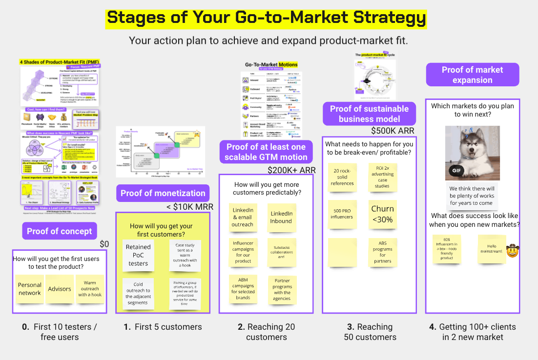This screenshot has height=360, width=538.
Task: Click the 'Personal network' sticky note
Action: pos(30,289)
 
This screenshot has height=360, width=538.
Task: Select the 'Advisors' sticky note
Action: pos(60,289)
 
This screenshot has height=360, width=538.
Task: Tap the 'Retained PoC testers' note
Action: pos(138,255)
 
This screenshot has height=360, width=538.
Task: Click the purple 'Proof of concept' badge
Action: pos(60,231)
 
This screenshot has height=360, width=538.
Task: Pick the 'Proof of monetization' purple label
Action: pos(163,193)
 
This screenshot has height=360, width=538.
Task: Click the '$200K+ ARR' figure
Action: pos(291,170)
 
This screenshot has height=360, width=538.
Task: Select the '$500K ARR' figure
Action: pos(393,131)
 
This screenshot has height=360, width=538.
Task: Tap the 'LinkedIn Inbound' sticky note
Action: pos(282,218)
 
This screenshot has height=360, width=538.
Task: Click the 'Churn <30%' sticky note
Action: pos(382,214)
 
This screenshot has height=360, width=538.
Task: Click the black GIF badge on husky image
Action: pos(456,171)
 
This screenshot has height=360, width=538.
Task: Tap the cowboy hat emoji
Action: pos(512,251)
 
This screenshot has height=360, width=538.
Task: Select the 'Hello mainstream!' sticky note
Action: pos(492,249)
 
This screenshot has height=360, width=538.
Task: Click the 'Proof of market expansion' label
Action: pos(472,75)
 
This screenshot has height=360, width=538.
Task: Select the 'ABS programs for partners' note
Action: pos(382,252)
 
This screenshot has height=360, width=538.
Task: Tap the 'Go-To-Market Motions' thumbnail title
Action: pos(271,64)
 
